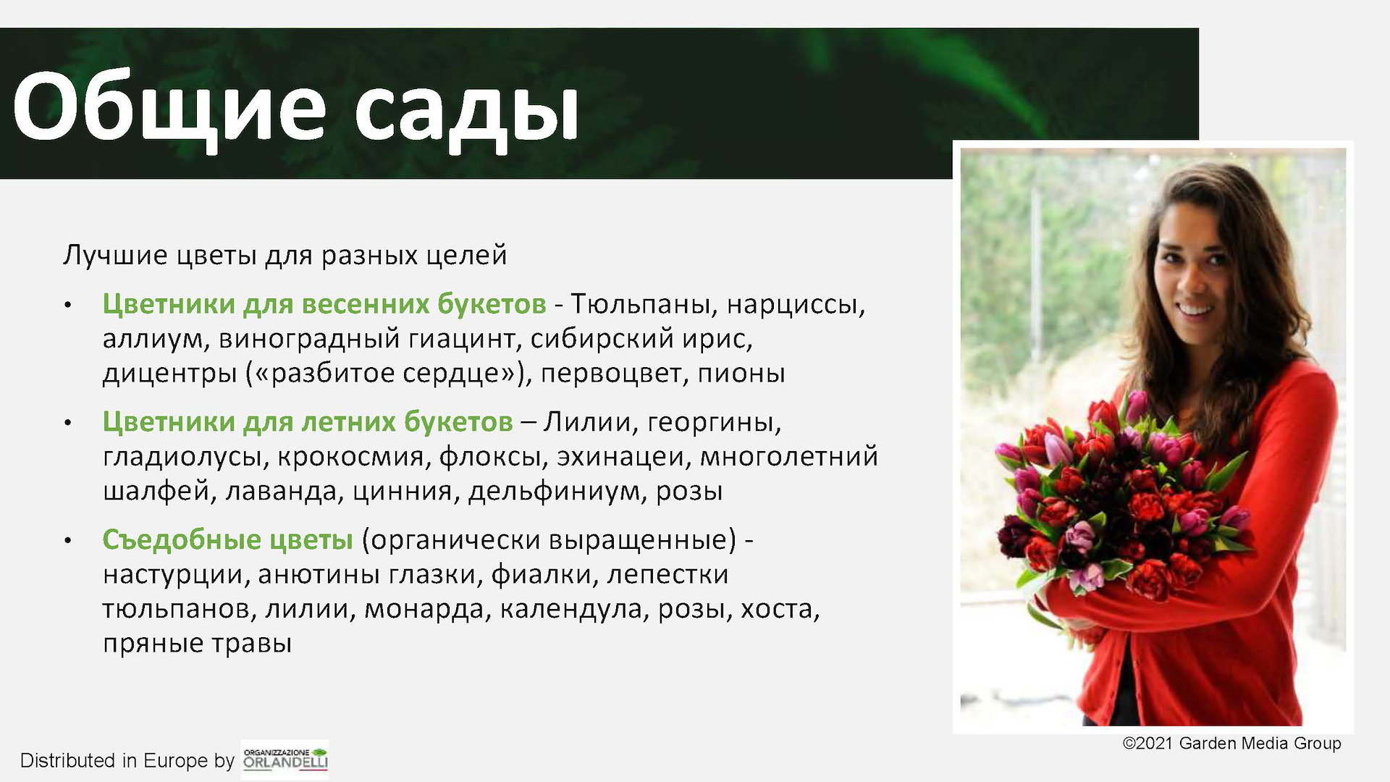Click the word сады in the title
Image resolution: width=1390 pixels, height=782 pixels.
coord(467,110)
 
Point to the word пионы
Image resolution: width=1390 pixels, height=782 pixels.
coord(741,374)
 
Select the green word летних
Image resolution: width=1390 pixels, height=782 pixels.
coord(348,422)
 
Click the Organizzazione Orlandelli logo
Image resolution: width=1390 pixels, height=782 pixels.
coord(285,760)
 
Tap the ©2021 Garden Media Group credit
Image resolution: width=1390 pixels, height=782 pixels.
coord(1231,744)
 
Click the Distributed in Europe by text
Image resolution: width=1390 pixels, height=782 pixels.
coord(127,760)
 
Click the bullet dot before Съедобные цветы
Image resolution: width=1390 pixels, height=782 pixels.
coord(68,541)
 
